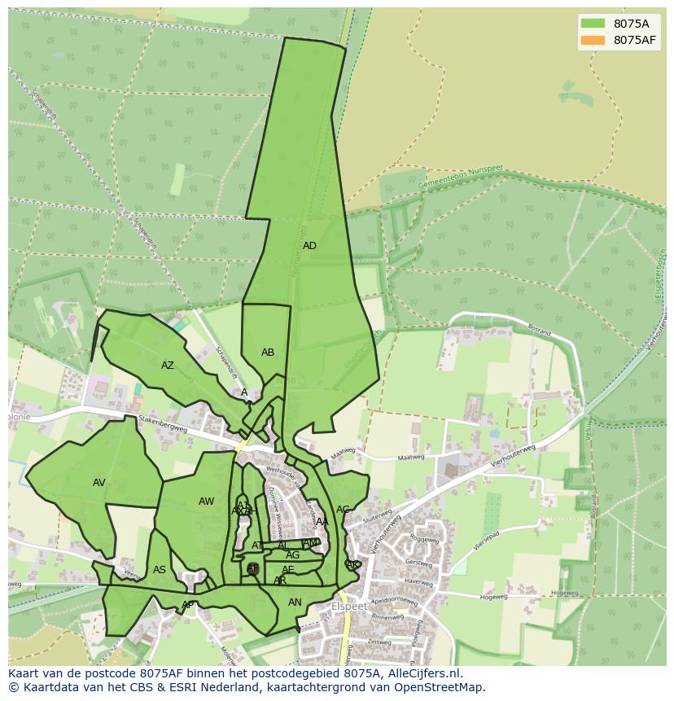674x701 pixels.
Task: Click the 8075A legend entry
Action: coord(619,24)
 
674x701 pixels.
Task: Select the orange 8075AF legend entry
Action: coord(619,40)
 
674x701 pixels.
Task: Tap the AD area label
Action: coord(309,246)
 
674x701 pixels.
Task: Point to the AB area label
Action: coord(268,353)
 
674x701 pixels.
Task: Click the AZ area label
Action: coord(168,366)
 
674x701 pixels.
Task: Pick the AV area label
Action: coord(99,483)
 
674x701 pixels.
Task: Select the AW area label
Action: coord(207,502)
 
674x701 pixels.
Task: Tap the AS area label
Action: coord(160,570)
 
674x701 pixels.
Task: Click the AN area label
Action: coord(295,602)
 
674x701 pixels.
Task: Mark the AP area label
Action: coord(187,605)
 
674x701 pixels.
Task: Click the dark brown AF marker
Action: coord(252,568)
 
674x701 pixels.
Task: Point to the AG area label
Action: coord(292,555)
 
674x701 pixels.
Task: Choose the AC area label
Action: coord(343,510)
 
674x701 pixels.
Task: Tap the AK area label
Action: coord(352,564)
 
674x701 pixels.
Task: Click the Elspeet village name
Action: coord(351,607)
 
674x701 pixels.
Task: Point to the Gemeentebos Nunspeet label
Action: coord(461,178)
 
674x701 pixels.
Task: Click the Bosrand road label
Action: coord(540,333)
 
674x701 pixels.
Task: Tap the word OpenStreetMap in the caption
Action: coord(440,687)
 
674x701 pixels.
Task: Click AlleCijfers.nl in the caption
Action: coord(423,673)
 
